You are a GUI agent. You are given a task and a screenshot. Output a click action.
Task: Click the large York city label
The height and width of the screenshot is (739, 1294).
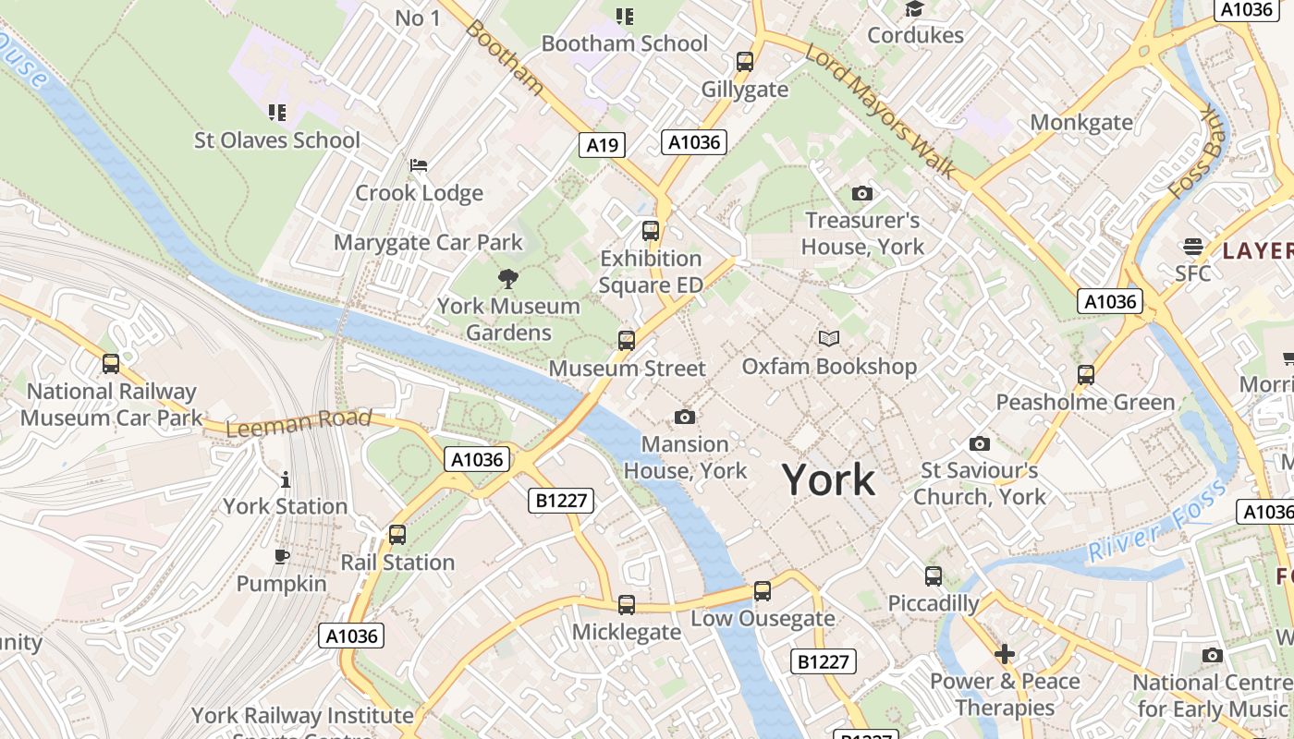pos(828,479)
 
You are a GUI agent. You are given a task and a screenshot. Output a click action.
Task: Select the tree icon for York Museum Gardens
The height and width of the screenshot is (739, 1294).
pos(507,279)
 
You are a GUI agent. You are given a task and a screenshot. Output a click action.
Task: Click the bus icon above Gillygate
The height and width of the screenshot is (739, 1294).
pos(745,62)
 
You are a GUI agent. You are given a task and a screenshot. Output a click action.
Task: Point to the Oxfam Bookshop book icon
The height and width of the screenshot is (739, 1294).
pos(829,339)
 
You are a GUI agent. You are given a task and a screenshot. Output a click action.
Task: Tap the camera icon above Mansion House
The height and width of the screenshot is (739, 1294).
pos(685,417)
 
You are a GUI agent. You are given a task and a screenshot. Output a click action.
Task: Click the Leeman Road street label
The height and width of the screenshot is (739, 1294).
pos(298,423)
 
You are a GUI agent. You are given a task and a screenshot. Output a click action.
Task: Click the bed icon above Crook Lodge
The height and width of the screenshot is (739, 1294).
pos(419,165)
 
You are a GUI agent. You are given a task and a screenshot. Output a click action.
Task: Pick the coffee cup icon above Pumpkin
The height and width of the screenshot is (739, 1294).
pos(282,556)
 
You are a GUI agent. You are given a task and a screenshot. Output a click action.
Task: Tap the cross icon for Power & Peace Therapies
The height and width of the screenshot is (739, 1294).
pos(1005,654)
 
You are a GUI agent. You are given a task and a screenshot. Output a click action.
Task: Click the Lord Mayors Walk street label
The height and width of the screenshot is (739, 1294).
pos(881,108)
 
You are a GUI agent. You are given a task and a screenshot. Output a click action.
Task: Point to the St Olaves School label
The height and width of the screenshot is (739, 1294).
pos(276,140)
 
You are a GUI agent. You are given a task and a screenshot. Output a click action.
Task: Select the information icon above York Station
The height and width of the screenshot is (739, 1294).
pos(286,479)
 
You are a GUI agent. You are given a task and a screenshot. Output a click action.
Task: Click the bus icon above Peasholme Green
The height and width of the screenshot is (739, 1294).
pos(1086,375)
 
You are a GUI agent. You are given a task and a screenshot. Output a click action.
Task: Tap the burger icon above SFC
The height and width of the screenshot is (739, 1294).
pos(1192,247)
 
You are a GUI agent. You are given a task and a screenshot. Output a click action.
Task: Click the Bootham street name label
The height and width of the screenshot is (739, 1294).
pos(505,56)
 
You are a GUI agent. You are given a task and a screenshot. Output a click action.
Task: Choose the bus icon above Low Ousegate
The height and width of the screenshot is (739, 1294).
pos(763,591)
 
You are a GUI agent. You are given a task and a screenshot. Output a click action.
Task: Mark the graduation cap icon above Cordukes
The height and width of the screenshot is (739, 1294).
pos(915,9)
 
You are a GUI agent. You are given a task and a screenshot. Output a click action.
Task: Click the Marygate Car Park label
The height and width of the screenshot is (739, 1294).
pos(428,242)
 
